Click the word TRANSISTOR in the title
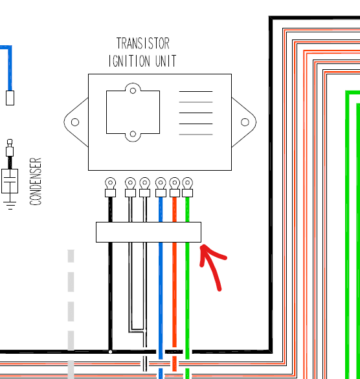click(x=142, y=43)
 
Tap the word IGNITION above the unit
click(x=129, y=61)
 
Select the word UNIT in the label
click(x=166, y=61)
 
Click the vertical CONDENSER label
click(x=36, y=181)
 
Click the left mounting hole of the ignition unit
click(x=75, y=122)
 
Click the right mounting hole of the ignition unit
click(x=245, y=122)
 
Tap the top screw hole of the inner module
click(x=133, y=91)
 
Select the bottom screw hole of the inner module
click(x=133, y=134)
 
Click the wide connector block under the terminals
click(x=148, y=232)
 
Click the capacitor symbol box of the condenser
click(x=10, y=181)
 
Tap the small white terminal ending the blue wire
click(x=10, y=98)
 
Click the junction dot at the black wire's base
click(x=110, y=352)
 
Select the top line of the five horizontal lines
click(x=196, y=92)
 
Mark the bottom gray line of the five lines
click(x=196, y=135)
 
